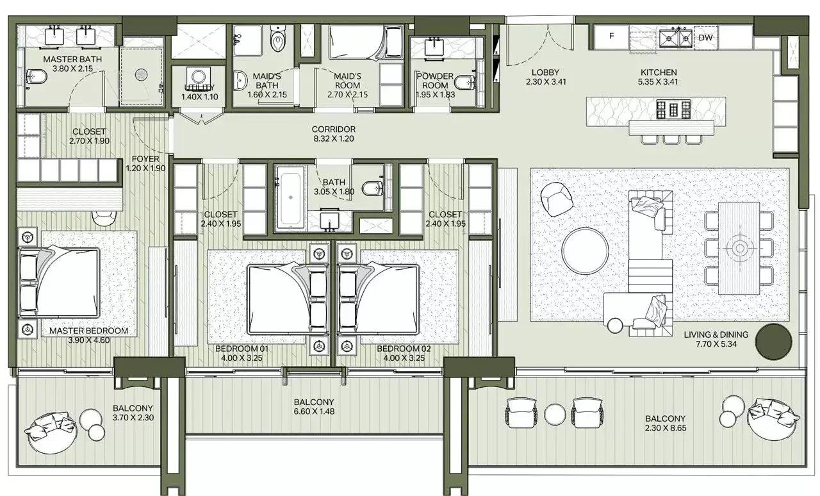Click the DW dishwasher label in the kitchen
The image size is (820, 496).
point(705,38)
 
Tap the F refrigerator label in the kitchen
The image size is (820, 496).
point(611,37)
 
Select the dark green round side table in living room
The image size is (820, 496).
point(774,342)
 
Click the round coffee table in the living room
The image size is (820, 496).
point(586,251)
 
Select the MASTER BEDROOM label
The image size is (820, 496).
point(88,331)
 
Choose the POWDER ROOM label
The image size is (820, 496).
point(435,81)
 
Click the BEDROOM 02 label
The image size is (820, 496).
point(400,349)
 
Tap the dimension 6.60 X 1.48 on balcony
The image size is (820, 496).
point(313,411)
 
